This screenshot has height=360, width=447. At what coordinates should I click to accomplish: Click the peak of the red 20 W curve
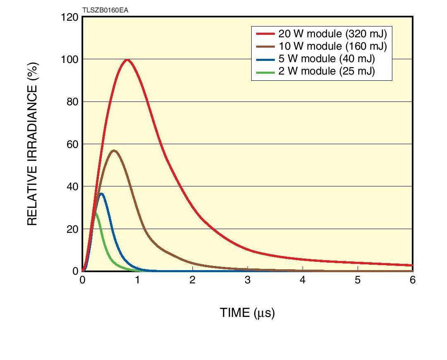point(127,60)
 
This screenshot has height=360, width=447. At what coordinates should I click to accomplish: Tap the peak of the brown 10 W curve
point(114,151)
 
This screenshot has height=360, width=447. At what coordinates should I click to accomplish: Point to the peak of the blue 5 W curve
point(101,193)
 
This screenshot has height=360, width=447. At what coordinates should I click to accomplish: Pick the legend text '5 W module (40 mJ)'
point(327,58)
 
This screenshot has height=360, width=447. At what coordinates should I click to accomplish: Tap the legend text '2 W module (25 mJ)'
point(327,71)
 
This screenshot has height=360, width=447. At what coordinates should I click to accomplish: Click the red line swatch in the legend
point(265,34)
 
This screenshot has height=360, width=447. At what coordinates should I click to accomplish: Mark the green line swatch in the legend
point(265,71)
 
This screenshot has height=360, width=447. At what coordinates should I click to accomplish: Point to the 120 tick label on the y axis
point(69,17)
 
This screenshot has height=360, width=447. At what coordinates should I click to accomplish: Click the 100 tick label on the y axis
point(69,59)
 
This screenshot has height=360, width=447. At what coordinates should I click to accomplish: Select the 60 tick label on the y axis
point(72,144)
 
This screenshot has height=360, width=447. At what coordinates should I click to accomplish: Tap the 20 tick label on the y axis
point(72,229)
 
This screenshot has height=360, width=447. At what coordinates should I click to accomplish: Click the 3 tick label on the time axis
point(248,280)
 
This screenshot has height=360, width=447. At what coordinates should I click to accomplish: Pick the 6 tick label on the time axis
point(412,280)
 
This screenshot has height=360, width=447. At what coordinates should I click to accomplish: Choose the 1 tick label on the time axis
point(137,280)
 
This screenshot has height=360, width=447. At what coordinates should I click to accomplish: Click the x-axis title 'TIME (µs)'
point(247,313)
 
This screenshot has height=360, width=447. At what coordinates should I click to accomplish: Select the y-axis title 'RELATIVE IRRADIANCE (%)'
point(33,144)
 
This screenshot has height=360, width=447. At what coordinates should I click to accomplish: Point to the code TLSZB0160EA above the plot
point(105,10)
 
